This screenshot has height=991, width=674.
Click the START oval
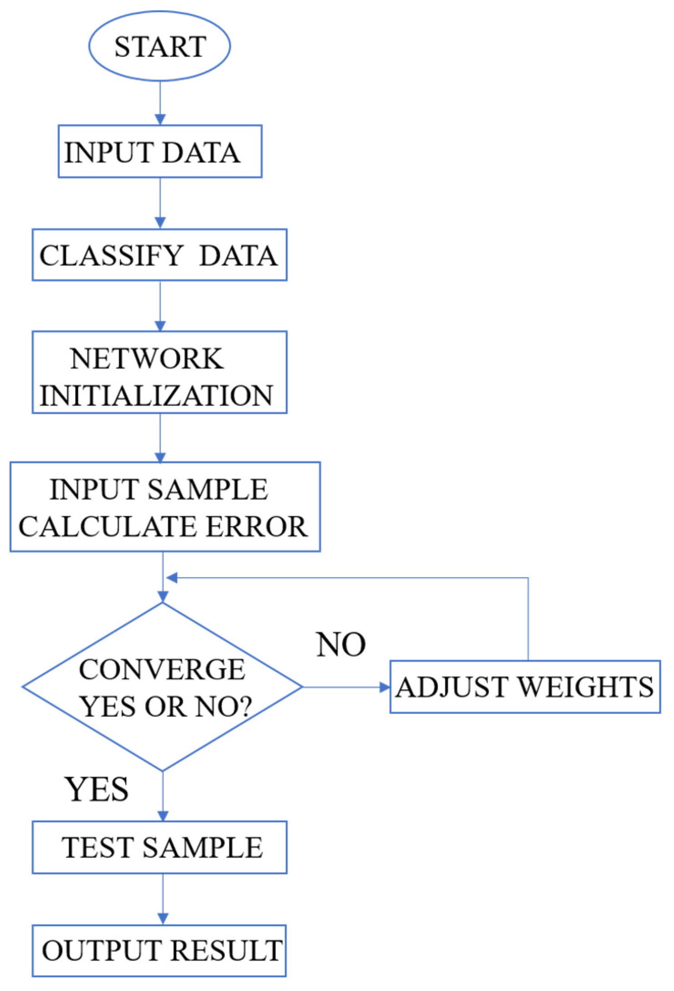click(159, 46)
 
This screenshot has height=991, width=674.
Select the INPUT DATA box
click(160, 151)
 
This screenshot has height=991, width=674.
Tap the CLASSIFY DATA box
click(159, 255)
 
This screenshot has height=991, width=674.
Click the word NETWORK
click(147, 359)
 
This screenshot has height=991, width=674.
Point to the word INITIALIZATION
click(156, 395)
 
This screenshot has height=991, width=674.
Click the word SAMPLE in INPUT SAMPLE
click(208, 490)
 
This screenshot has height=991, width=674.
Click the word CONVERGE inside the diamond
click(162, 669)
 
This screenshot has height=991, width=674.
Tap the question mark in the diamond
click(245, 707)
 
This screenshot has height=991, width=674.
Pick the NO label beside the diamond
click(341, 645)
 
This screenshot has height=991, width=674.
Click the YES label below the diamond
click(97, 790)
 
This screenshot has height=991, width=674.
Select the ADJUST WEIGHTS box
click(525, 687)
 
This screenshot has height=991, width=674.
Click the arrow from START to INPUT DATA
click(160, 103)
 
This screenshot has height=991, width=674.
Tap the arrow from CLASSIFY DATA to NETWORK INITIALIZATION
click(160, 305)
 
